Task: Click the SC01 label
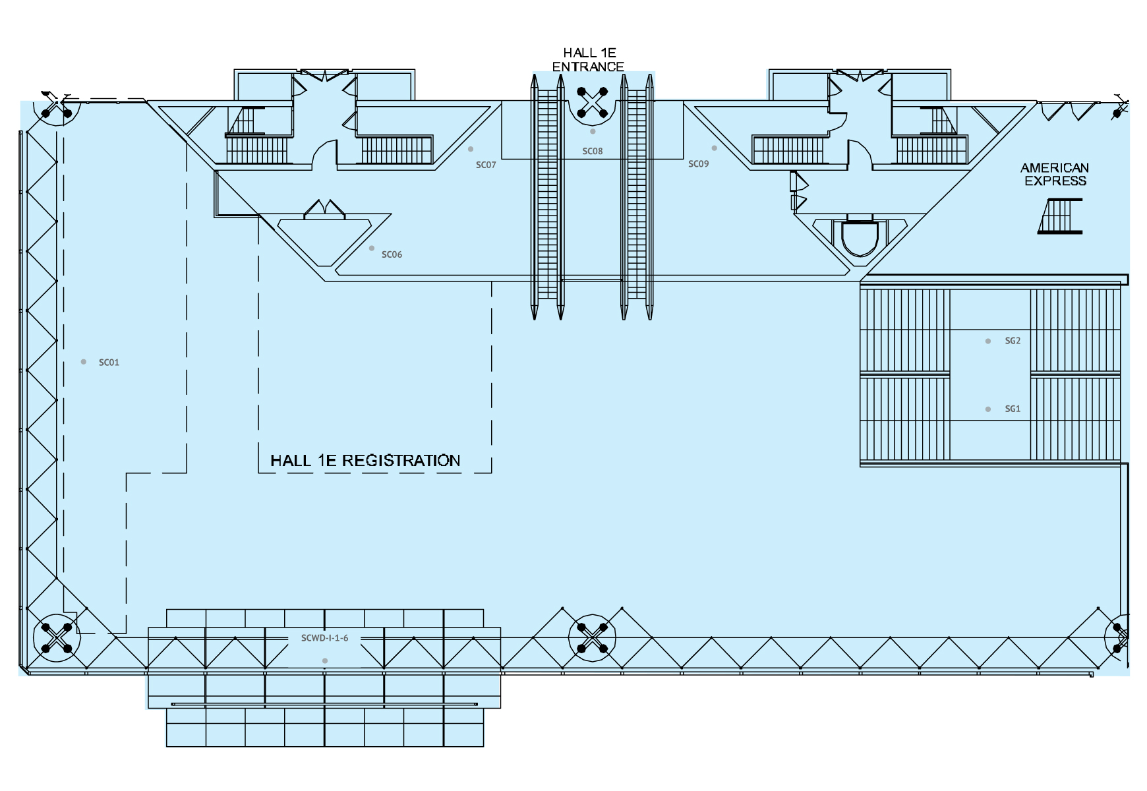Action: point(109,363)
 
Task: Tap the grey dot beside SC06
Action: point(372,249)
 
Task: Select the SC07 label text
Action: point(486,165)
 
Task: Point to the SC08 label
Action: point(593,151)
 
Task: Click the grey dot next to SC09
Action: point(714,148)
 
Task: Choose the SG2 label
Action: point(1013,341)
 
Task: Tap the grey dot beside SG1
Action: point(987,409)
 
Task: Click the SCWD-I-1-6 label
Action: point(324,638)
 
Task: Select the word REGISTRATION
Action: point(401,460)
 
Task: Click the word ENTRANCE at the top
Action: point(588,67)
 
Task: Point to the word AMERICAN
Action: point(1055,168)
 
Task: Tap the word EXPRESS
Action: point(1055,181)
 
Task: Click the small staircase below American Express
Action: point(1061,216)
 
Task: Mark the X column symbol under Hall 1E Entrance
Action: point(592,103)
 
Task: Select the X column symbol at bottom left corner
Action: point(57,637)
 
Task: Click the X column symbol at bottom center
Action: point(592,638)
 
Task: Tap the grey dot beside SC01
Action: point(84,362)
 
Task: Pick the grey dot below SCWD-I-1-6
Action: point(324,660)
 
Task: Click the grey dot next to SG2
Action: point(987,341)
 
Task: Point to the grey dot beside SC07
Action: point(471,149)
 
